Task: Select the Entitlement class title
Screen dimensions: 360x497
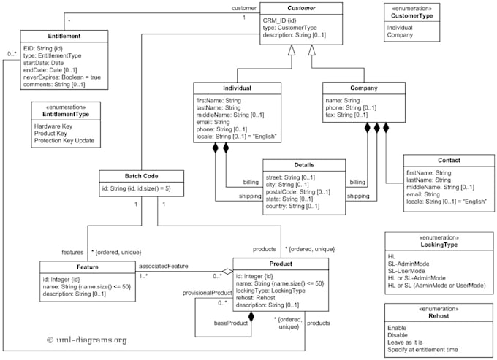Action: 64,36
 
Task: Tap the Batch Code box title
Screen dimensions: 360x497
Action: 140,176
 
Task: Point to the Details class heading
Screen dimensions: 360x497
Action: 303,165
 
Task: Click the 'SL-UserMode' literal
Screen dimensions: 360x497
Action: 410,271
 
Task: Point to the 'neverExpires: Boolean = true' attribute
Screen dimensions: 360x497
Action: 63,77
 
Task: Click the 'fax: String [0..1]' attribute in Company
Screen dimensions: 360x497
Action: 346,115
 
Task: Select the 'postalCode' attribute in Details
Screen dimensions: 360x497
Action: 298,192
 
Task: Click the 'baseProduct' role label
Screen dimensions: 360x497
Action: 230,323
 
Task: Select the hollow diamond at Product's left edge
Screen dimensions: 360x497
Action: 227,272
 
